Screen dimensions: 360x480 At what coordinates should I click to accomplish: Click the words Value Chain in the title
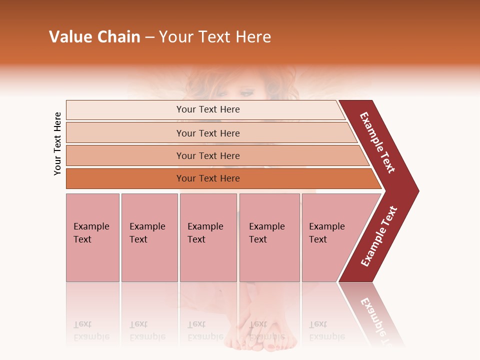[x=94, y=37]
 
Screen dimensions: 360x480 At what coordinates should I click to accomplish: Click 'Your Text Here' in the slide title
[x=215, y=37]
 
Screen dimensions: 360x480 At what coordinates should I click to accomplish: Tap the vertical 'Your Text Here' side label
[x=57, y=143]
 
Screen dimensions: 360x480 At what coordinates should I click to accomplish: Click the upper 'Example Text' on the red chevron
[x=377, y=142]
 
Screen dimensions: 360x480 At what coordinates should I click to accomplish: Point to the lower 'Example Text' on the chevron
[x=379, y=236]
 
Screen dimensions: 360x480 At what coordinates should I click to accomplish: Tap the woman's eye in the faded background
[x=246, y=92]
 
